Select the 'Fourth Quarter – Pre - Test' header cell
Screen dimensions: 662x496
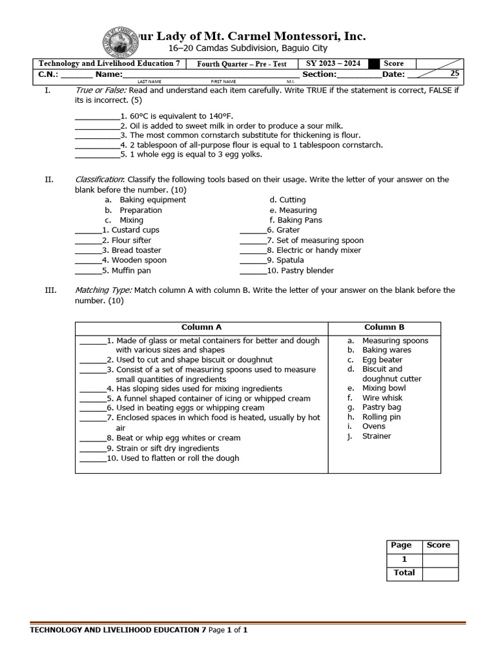241,63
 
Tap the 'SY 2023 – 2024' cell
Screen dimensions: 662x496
333,63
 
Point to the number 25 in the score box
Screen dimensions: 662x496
455,74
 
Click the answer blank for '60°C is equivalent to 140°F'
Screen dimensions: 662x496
97,116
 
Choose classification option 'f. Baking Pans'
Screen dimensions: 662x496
296,220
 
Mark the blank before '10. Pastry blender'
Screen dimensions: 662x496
253,271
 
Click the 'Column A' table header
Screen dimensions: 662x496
201,327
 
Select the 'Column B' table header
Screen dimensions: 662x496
384,327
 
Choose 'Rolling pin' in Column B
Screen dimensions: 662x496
381,417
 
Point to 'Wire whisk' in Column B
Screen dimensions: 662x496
382,398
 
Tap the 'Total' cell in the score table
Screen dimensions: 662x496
404,573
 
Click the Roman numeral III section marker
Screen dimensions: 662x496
50,290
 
